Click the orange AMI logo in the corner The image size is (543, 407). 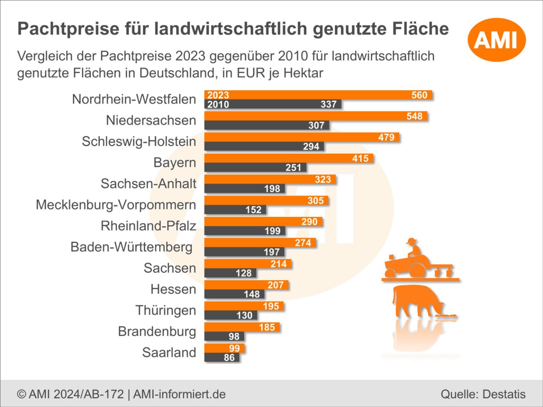click(497, 40)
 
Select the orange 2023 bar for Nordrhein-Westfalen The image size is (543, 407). click(318, 95)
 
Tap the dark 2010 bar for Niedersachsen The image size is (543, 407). click(267, 125)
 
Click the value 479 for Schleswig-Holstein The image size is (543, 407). click(386, 137)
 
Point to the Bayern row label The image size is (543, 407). click(175, 162)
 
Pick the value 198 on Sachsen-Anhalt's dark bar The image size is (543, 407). click(272, 188)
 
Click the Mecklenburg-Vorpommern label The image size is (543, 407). click(116, 205)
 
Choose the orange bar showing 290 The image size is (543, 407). click(263, 222)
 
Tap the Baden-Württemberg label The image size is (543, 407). click(131, 247)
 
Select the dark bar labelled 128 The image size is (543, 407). click(230, 273)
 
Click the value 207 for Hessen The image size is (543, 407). click(276, 285)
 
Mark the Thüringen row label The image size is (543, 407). click(166, 310)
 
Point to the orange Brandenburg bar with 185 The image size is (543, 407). click(242, 327)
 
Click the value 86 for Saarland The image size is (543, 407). click(229, 357)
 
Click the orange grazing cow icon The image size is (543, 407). click(423, 301)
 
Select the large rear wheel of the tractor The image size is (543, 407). click(417, 270)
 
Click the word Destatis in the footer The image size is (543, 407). click(504, 394)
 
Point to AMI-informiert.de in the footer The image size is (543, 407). click(179, 394)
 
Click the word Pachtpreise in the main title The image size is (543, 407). click(69, 29)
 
